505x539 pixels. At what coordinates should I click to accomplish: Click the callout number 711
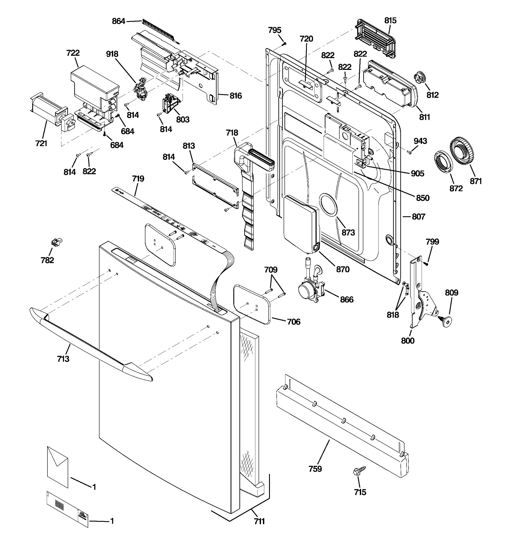[259, 521]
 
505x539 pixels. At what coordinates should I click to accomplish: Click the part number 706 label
[294, 322]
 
